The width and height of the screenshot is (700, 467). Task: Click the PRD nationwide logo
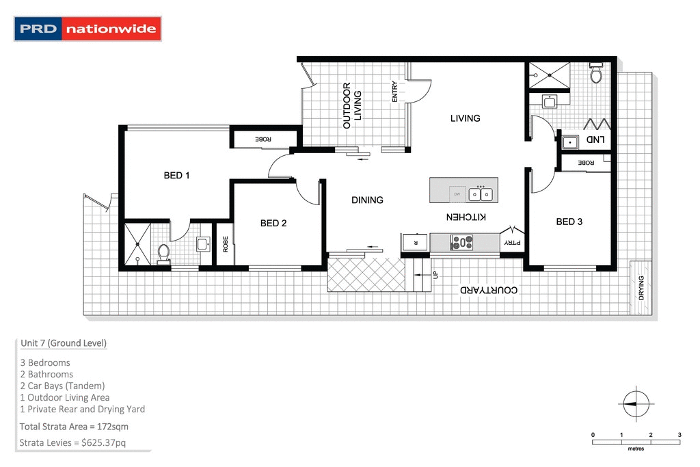click(x=88, y=29)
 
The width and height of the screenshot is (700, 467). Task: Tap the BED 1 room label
click(x=176, y=176)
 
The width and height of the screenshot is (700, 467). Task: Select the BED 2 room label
click(x=273, y=223)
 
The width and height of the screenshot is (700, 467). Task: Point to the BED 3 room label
click(x=569, y=222)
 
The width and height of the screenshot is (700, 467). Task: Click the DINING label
click(x=367, y=200)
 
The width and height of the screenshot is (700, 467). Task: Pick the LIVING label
click(x=465, y=118)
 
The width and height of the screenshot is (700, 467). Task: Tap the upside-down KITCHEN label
click(x=466, y=217)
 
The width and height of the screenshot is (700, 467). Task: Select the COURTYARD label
click(x=488, y=290)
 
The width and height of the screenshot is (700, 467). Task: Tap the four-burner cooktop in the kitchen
click(x=461, y=241)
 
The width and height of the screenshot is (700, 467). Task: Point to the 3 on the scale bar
click(x=679, y=435)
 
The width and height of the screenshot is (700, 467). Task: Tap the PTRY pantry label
click(x=511, y=242)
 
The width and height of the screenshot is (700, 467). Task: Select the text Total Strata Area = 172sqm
click(x=74, y=427)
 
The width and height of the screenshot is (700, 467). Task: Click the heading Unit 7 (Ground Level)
click(x=64, y=343)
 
